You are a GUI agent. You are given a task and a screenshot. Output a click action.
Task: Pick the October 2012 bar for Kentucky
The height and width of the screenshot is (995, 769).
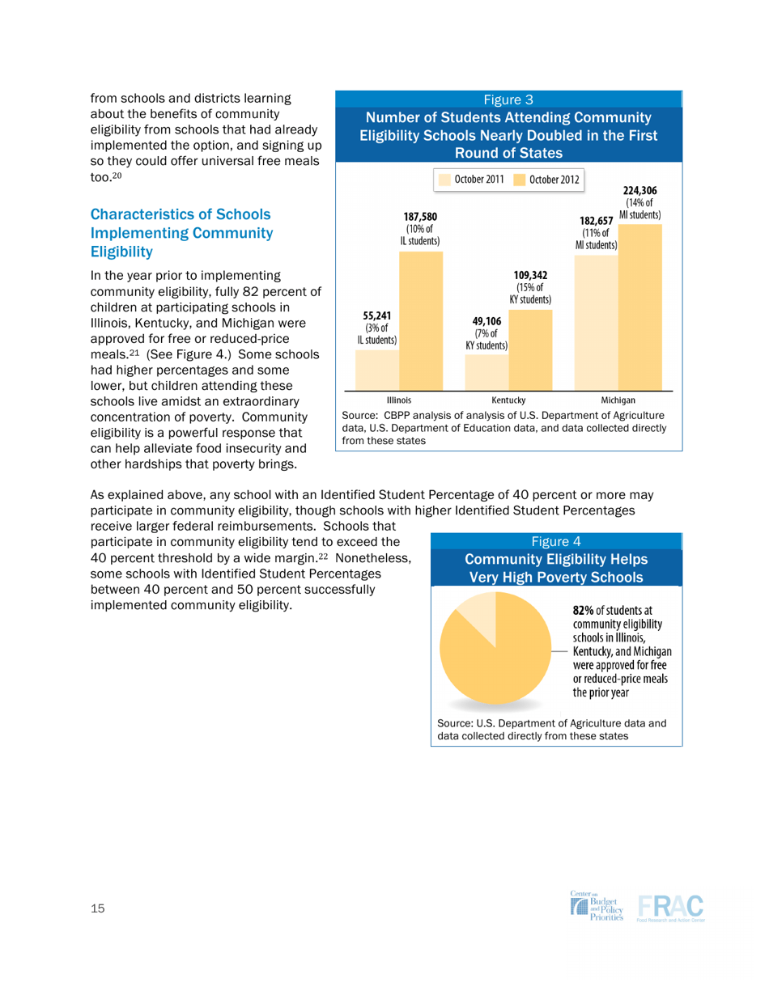pyautogui.click(x=530, y=348)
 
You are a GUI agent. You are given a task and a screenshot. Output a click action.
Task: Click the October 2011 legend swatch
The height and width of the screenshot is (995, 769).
pyautogui.click(x=443, y=179)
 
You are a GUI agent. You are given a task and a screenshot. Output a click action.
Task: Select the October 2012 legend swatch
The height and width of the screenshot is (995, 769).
pyautogui.click(x=519, y=179)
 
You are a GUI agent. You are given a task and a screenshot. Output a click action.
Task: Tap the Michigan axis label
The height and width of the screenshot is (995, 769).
pyautogui.click(x=618, y=400)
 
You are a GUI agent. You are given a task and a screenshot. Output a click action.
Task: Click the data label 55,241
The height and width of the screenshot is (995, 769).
pyautogui.click(x=377, y=316)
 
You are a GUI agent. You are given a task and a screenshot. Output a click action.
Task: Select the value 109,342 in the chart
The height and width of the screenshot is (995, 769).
pyautogui.click(x=531, y=275)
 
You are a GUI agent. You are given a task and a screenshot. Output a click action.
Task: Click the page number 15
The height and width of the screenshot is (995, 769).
pyautogui.click(x=97, y=910)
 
